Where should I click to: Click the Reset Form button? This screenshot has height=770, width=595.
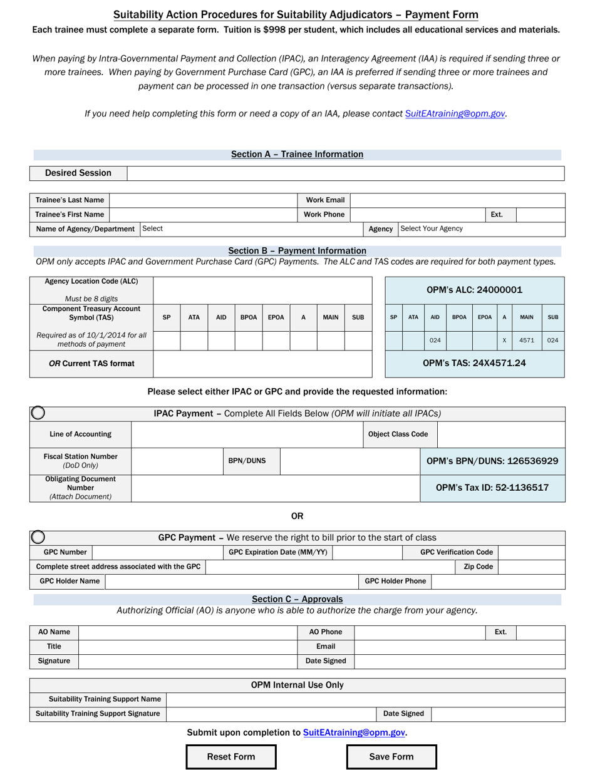(231, 756)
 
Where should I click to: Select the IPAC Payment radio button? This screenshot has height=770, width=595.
(38, 413)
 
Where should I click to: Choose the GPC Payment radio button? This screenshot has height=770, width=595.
(38, 537)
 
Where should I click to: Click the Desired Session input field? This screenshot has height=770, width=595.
(346, 173)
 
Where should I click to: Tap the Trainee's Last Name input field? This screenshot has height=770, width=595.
(203, 200)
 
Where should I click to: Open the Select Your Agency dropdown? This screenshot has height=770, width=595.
(481, 229)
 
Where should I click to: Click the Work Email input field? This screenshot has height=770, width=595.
(457, 200)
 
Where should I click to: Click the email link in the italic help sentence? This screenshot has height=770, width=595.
(455, 113)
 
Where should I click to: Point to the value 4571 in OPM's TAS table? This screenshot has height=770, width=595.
(527, 341)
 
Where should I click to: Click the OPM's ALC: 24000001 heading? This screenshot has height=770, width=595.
(474, 290)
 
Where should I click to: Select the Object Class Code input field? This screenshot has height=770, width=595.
(500, 434)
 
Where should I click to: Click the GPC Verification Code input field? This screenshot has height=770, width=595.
(531, 552)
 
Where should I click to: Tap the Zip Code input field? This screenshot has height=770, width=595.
(531, 567)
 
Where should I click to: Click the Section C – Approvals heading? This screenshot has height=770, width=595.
(297, 599)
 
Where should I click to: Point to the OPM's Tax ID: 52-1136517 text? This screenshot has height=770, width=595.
(492, 488)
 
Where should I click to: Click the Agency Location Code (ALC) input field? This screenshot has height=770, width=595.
(262, 289)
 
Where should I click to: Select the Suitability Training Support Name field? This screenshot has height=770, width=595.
(365, 699)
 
